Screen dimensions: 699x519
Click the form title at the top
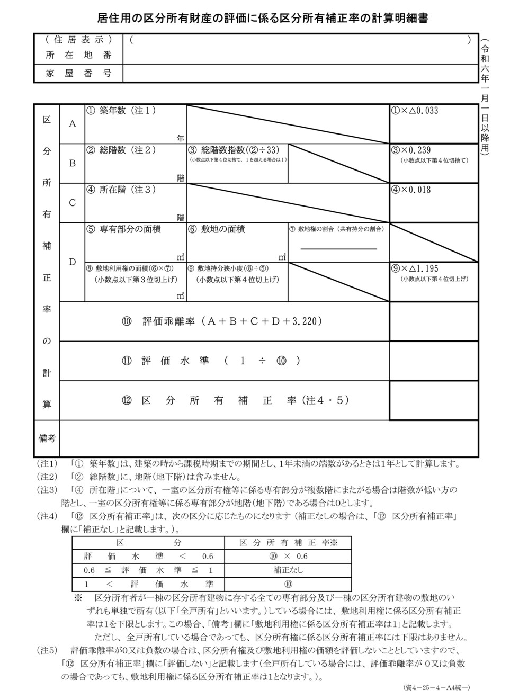(x=263, y=19)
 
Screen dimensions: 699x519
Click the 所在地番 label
(x=79, y=55)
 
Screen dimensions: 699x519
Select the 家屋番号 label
(x=79, y=74)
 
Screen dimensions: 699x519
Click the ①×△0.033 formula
(x=415, y=111)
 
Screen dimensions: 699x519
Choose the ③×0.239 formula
(x=411, y=150)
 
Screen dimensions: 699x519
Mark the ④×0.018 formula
(x=411, y=190)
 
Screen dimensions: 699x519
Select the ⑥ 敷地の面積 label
(x=216, y=229)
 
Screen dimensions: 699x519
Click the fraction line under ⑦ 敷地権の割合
(x=339, y=248)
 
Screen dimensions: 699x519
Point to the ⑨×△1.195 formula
(x=415, y=268)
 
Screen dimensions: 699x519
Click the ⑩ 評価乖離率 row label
(x=222, y=321)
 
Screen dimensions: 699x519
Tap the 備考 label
(x=47, y=438)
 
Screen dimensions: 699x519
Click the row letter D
(x=73, y=262)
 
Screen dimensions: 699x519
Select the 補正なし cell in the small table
(x=288, y=570)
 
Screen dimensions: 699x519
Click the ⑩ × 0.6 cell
(x=288, y=556)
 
